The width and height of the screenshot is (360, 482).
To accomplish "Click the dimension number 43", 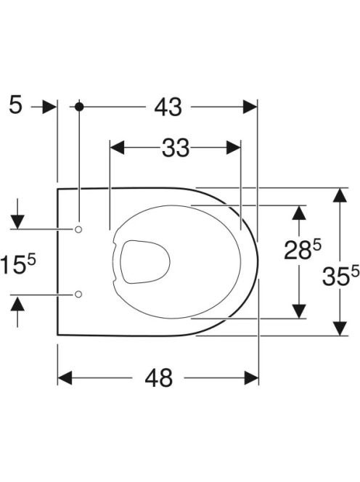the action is [x=168, y=107].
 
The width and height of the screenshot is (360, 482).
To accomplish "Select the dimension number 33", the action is [x=176, y=148].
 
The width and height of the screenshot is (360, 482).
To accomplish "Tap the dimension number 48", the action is [x=159, y=377].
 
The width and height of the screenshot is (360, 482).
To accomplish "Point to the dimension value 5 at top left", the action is [x=16, y=105].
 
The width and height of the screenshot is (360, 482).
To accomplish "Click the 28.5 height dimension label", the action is [x=302, y=249].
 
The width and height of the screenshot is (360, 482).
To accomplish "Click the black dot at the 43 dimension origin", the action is [x=79, y=107].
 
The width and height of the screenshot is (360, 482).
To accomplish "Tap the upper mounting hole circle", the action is [x=78, y=229].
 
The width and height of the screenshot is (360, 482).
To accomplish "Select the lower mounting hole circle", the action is [x=78, y=294].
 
